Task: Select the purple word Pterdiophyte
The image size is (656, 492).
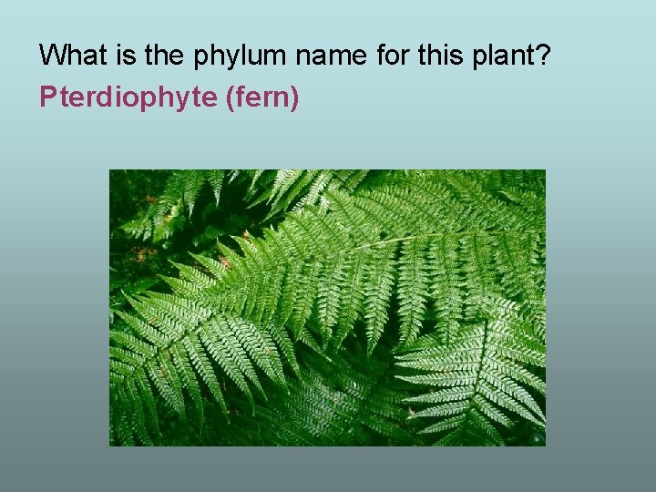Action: tap(128, 97)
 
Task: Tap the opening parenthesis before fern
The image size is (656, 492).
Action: tap(228, 97)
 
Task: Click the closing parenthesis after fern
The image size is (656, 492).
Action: tap(294, 97)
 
